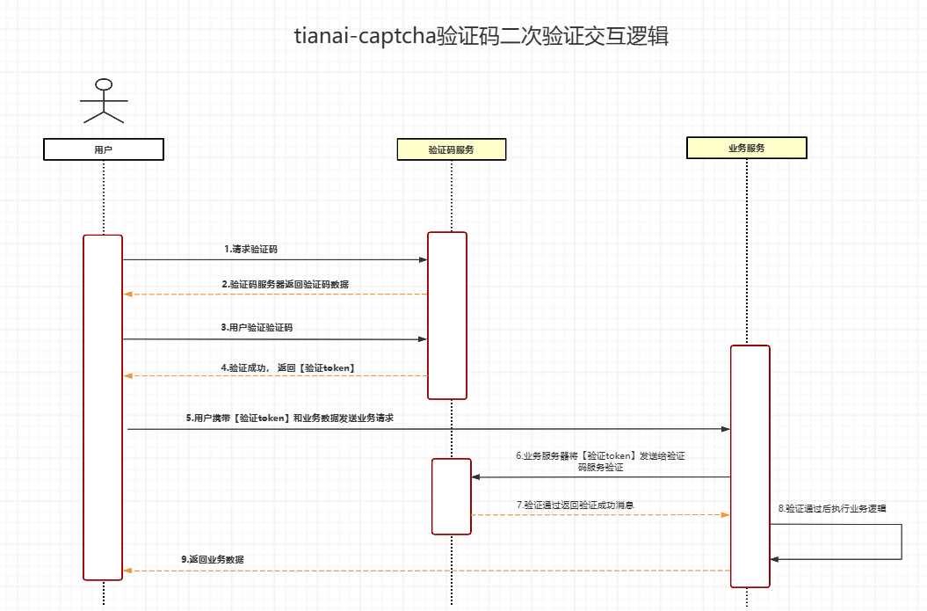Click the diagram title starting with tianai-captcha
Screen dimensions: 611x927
pyautogui.click(x=482, y=36)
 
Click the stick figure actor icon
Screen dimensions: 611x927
pyautogui.click(x=104, y=101)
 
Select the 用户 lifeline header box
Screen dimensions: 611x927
pyautogui.click(x=104, y=149)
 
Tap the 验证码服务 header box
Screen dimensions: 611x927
pyautogui.click(x=452, y=149)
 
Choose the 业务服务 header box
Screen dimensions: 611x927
pyautogui.click(x=746, y=148)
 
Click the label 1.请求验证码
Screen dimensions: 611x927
pyautogui.click(x=250, y=250)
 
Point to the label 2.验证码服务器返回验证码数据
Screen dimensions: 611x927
pyautogui.click(x=279, y=285)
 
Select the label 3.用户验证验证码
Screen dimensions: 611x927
pyautogui.click(x=257, y=327)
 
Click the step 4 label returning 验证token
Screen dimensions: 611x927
pyautogui.click(x=287, y=367)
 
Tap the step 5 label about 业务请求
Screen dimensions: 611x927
pyautogui.click(x=290, y=418)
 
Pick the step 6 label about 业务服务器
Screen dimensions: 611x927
pyautogui.click(x=600, y=462)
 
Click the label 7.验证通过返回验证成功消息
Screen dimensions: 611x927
pyautogui.click(x=576, y=506)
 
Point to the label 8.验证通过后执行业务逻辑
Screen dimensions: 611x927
pyautogui.click(x=832, y=508)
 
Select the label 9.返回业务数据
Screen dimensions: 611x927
pyautogui.click(x=213, y=559)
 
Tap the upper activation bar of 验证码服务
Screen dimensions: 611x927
pyautogui.click(x=447, y=315)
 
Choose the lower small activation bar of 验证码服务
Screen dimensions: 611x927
pyautogui.click(x=451, y=496)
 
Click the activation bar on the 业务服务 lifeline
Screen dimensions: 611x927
pyautogui.click(x=750, y=466)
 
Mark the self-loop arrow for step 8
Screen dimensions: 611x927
pyautogui.click(x=901, y=542)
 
